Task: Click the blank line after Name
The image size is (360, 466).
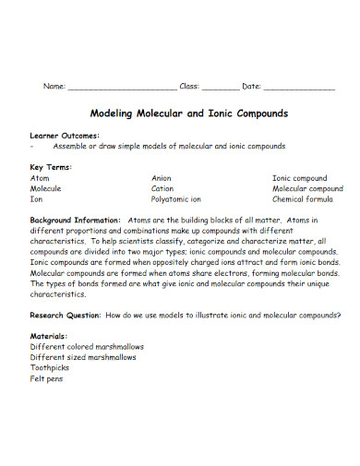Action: (123, 87)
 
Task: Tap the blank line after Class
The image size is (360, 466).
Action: (219, 87)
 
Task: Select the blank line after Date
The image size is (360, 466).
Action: (299, 87)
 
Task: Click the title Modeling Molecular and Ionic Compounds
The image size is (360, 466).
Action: (188, 114)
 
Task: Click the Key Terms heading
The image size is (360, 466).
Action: (52, 167)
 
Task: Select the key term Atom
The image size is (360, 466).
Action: (41, 177)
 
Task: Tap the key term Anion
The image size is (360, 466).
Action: (162, 177)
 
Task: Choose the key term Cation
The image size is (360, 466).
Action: (162, 188)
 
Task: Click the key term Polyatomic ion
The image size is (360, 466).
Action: (175, 198)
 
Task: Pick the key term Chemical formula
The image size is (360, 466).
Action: (304, 198)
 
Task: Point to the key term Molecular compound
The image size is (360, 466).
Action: (307, 188)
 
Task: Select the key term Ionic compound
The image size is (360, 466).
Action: (299, 177)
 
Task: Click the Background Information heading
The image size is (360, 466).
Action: (75, 221)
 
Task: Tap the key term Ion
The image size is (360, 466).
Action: (37, 198)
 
